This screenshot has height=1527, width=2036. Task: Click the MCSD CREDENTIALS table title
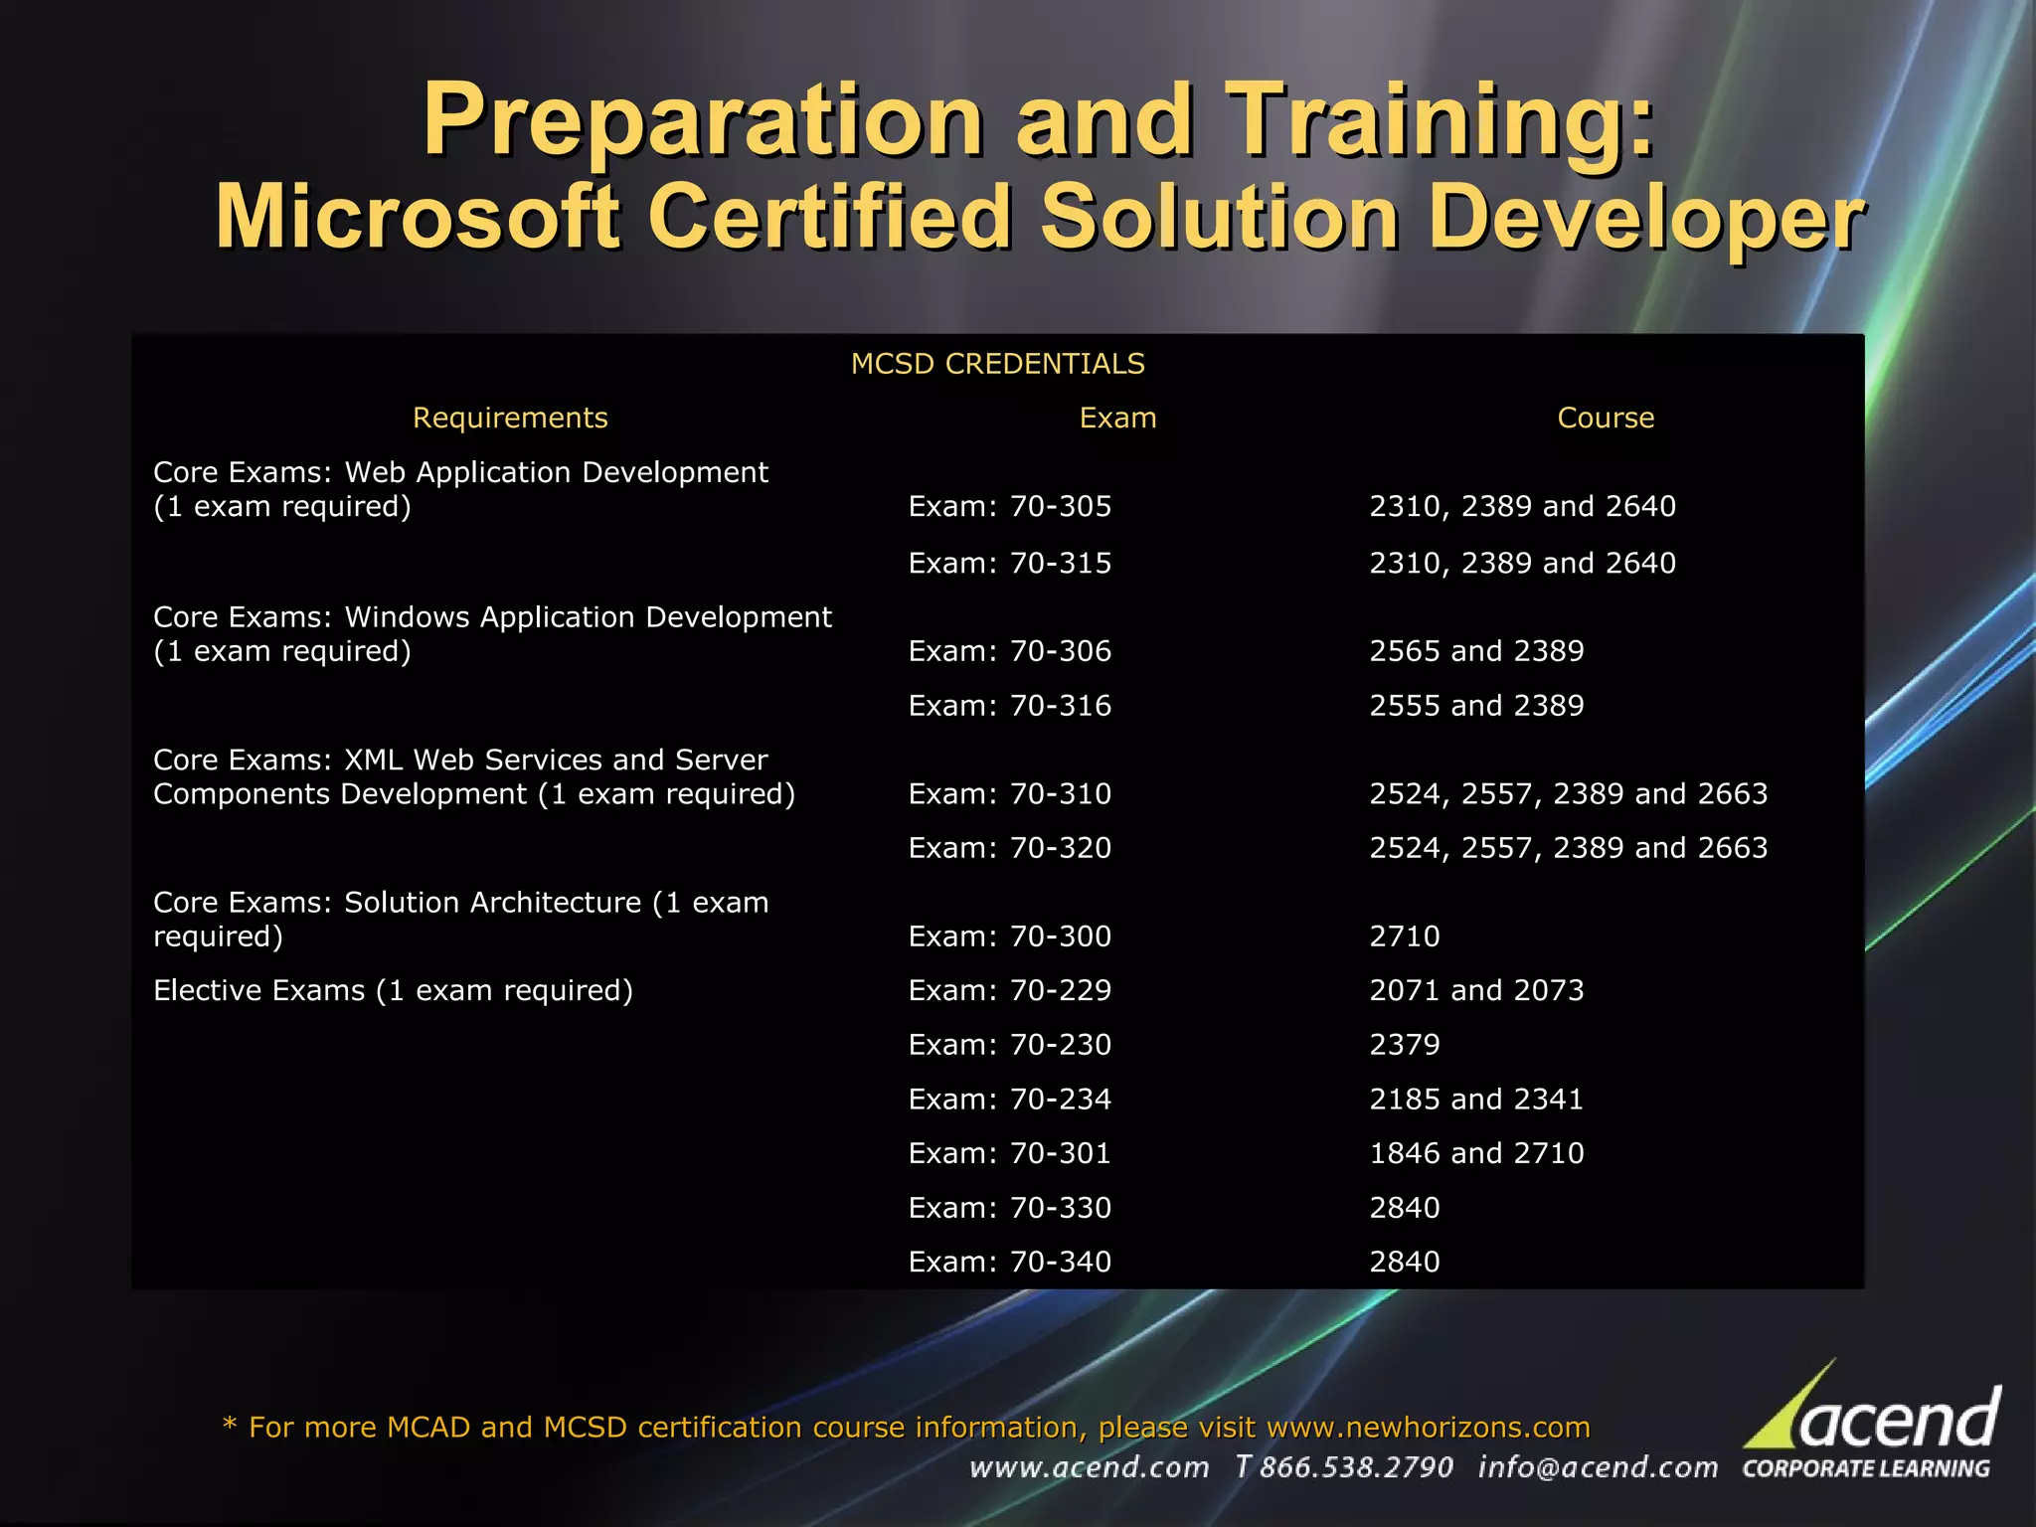pyautogui.click(x=997, y=364)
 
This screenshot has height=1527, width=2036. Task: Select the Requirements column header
pyautogui.click(x=510, y=418)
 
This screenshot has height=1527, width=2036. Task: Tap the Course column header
pyautogui.click(x=1606, y=418)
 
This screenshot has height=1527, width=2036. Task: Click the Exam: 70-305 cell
pyautogui.click(x=1010, y=506)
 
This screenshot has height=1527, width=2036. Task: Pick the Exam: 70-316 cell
pyautogui.click(x=1010, y=706)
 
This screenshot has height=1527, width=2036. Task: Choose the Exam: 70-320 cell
pyautogui.click(x=1010, y=848)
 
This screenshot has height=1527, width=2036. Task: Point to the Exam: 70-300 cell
pyautogui.click(x=1010, y=936)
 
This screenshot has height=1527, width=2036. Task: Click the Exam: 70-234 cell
pyautogui.click(x=1010, y=1100)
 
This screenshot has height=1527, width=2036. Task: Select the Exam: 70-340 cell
pyautogui.click(x=1010, y=1262)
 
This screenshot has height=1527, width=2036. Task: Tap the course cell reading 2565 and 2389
pyautogui.click(x=1476, y=651)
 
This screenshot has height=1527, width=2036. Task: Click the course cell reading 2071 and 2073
pyautogui.click(x=1476, y=990)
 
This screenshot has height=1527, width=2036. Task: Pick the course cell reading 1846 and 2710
pyautogui.click(x=1476, y=1153)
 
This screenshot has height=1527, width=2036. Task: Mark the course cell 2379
pyautogui.click(x=1405, y=1045)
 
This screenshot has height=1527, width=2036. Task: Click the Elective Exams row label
pyautogui.click(x=393, y=990)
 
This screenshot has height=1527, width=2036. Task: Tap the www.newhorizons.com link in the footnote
pyautogui.click(x=1429, y=1428)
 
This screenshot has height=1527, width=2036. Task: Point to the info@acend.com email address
pyautogui.click(x=1598, y=1467)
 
